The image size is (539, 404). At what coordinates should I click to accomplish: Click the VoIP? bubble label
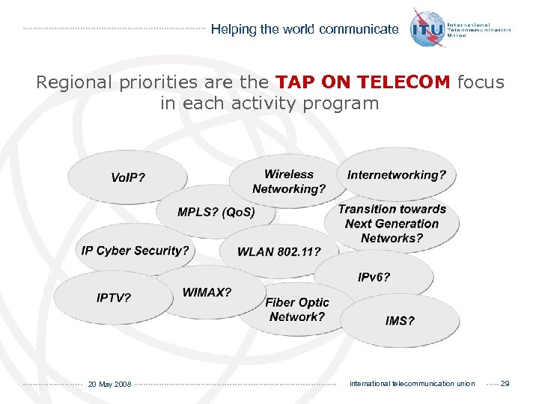click(128, 178)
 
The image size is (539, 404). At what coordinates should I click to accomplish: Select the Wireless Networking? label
click(289, 182)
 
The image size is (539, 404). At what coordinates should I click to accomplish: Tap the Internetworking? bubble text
click(397, 175)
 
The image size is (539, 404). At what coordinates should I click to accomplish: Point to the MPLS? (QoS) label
click(216, 212)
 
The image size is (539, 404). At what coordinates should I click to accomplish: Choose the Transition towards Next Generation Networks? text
click(392, 224)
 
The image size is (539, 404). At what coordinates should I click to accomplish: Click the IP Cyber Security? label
click(135, 251)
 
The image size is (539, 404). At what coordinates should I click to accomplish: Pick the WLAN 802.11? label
click(278, 252)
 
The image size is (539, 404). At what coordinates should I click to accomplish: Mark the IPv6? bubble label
click(374, 278)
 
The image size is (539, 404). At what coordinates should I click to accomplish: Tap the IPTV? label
click(114, 298)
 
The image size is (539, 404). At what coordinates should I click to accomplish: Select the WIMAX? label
click(207, 293)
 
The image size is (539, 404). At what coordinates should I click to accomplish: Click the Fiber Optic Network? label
click(297, 310)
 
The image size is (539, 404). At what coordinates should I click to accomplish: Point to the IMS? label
click(400, 321)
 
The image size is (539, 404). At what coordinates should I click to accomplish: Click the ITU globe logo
click(427, 28)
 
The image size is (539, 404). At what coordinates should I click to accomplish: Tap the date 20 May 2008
click(109, 385)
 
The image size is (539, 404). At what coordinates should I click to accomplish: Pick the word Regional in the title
click(79, 82)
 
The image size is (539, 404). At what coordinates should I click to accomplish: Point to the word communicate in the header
click(359, 30)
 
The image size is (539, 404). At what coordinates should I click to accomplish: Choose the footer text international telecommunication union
click(412, 384)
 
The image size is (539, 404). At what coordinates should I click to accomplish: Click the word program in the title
click(346, 103)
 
